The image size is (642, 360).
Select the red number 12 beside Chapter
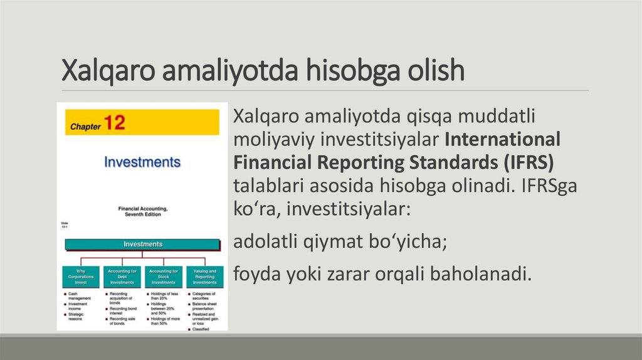(115, 123)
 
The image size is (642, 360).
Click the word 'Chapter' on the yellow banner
(85, 126)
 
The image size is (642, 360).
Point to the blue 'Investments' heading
(142, 162)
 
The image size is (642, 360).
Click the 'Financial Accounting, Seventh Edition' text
(143, 211)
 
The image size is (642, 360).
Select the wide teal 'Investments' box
(143, 244)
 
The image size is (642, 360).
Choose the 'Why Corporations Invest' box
(80, 277)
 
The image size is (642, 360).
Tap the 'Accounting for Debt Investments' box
(122, 277)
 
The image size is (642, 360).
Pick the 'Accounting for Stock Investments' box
(163, 277)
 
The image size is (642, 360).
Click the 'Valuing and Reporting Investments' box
(204, 277)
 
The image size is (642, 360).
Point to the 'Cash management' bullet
(79, 295)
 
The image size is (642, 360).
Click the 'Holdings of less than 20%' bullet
(164, 295)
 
